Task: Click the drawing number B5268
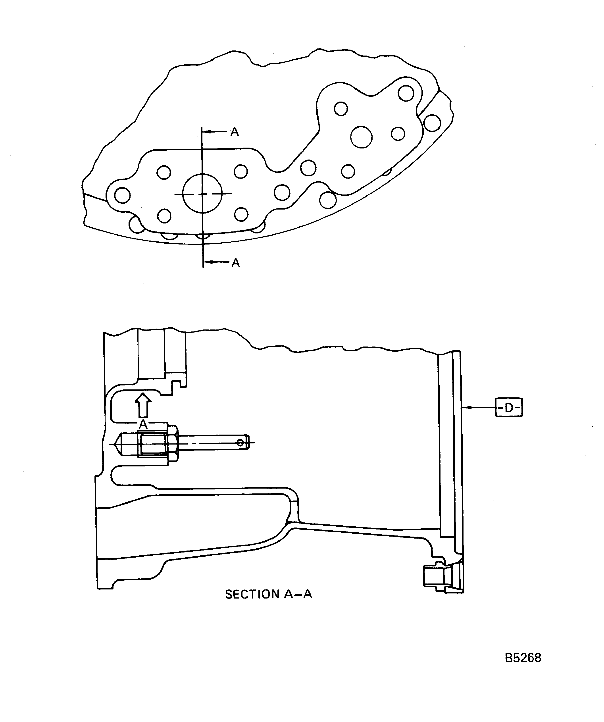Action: [523, 658]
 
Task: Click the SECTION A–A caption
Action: [269, 594]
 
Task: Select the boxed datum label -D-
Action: [509, 407]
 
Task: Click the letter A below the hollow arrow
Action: [143, 424]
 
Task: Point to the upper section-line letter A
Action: [235, 132]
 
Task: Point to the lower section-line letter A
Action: [235, 263]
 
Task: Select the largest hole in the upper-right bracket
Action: [361, 137]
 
